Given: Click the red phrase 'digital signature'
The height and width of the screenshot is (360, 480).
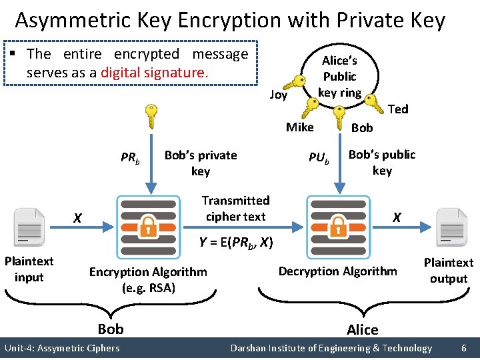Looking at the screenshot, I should pos(154,72).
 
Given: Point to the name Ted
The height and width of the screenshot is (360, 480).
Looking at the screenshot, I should pos(397,109).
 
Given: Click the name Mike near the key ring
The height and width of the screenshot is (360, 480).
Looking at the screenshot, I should pos(299,127).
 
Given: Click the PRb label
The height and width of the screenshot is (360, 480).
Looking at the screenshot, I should pos(131,159).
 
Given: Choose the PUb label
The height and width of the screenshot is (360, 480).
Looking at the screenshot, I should pos(319,158).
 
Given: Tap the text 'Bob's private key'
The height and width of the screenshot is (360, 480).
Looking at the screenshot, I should pos(201,163).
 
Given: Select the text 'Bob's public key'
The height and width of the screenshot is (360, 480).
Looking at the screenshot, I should pos(382,163).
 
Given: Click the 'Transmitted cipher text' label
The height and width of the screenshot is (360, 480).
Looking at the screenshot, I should pos(235,209).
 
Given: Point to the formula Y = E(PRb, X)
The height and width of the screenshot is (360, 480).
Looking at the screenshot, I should pos(236,243).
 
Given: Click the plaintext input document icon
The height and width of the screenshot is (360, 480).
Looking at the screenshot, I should pos(29,228).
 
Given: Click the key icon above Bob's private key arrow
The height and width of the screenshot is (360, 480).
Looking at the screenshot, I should pos(151,117).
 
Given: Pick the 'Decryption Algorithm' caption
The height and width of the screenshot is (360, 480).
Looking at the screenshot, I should pos(337,271).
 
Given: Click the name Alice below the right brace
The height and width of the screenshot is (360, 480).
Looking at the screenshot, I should pos(363,329).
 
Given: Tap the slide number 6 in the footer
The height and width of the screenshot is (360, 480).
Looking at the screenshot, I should pos(463,348).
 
